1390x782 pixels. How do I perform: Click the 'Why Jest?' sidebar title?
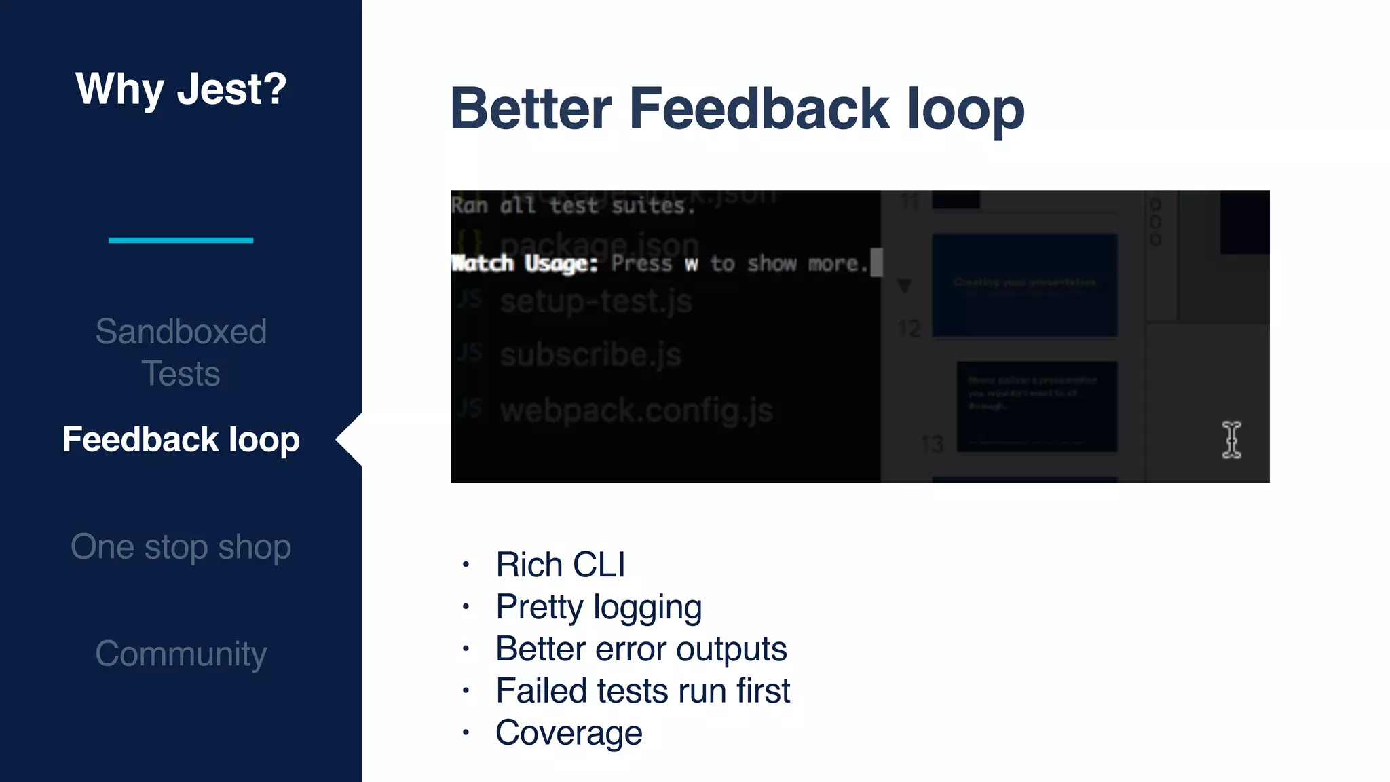(181, 89)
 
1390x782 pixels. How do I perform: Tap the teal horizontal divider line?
(181, 240)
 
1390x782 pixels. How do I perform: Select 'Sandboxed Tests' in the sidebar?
(181, 352)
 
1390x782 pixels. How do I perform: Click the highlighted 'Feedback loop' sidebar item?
(181, 440)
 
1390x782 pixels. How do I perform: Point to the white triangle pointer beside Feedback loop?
(350, 440)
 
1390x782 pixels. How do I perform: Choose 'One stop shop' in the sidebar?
(181, 547)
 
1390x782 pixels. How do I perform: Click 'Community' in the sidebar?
(181, 654)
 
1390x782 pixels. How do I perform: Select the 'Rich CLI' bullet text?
(560, 565)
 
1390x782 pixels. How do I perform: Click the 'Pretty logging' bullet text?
(598, 607)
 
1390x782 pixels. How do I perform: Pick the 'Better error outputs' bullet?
(641, 649)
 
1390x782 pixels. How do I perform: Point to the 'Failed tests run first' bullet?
(642, 691)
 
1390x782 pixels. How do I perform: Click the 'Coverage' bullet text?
(568, 733)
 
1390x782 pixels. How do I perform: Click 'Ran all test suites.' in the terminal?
(574, 205)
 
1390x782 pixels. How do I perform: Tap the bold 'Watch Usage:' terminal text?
(524, 263)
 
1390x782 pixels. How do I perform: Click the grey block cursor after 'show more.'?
(876, 263)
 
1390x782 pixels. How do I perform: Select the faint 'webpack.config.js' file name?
(636, 411)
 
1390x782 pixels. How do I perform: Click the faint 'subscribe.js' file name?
(590, 355)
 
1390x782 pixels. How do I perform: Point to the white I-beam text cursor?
(1231, 440)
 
